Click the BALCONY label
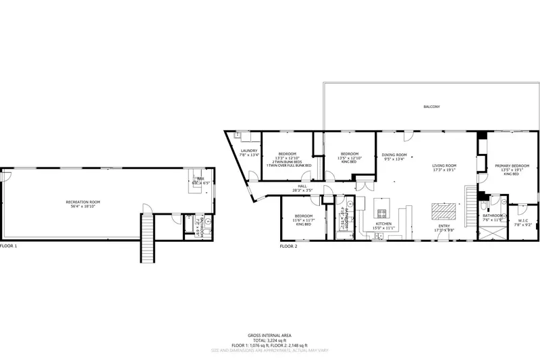431,107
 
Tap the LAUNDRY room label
249,151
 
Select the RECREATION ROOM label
83,202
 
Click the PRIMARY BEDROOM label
511,165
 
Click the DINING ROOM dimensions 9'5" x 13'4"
394,159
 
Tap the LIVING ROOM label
445,165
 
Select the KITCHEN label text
383,224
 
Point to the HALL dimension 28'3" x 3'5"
302,190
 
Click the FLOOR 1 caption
9,247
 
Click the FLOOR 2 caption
288,247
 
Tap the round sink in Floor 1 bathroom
209,221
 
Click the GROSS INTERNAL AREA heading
269,335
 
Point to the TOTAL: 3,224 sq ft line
269,340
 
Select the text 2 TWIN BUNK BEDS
287,161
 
